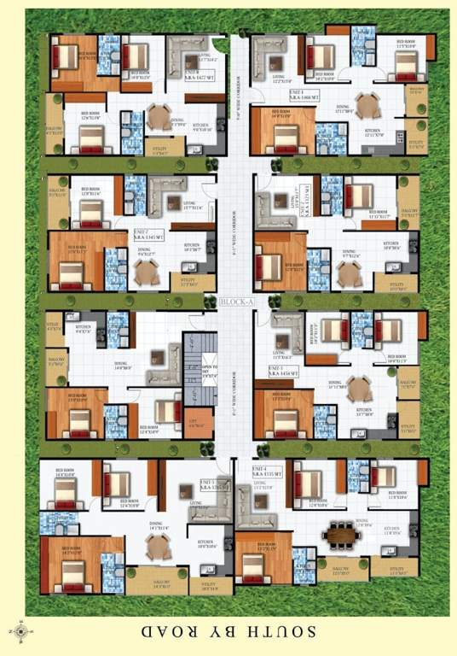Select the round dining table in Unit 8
click(159, 115)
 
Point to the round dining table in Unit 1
click(366, 105)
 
